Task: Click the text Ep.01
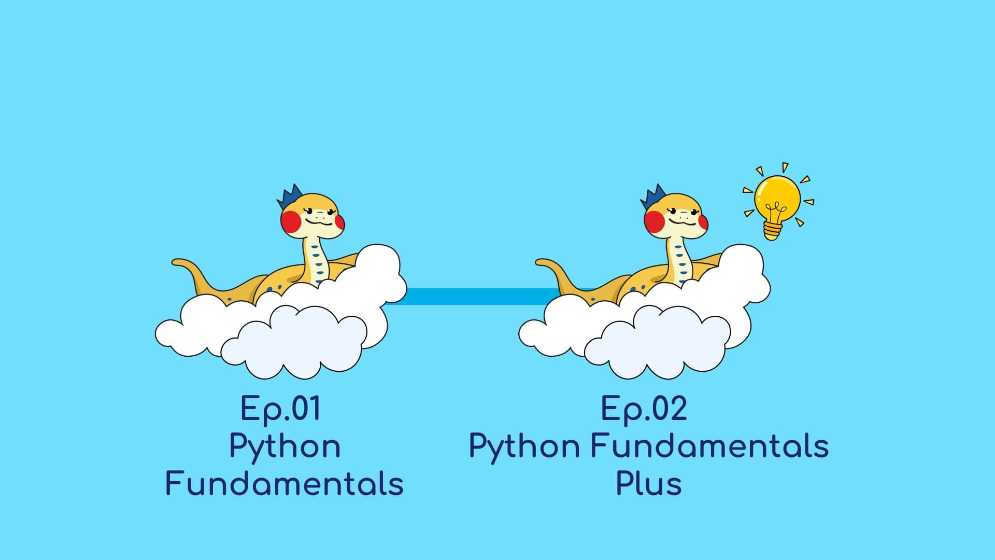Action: [280, 409]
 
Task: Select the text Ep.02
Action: [644, 409]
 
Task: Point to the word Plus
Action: [648, 484]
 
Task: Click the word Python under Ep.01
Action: [285, 447]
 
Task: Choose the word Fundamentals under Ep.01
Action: [285, 484]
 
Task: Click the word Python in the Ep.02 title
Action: [524, 447]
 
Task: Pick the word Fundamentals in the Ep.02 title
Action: [709, 446]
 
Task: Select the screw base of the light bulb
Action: [772, 230]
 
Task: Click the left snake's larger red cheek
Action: [291, 221]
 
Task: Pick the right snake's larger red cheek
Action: [655, 221]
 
